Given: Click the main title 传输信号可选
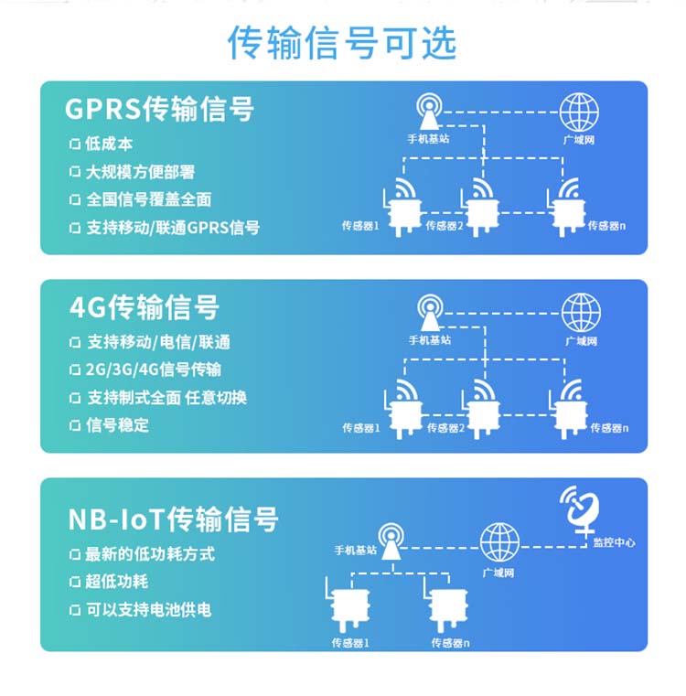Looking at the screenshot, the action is click(342, 43).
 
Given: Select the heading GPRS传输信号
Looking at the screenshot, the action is click(159, 109).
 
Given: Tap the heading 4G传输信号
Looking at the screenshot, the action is click(145, 307).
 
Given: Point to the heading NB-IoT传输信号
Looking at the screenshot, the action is click(173, 519).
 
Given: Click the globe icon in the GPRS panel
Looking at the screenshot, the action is click(579, 112).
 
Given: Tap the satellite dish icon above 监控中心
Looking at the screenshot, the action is click(580, 509).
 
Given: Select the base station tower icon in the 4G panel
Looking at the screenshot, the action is click(430, 313).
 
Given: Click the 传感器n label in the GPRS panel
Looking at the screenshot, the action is click(606, 226).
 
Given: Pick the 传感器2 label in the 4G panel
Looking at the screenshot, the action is click(445, 428).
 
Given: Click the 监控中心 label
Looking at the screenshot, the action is click(614, 542).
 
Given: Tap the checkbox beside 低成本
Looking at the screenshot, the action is click(75, 144).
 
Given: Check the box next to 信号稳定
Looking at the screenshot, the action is click(75, 425).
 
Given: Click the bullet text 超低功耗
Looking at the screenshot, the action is click(116, 582).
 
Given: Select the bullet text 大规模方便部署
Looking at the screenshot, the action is click(140, 172).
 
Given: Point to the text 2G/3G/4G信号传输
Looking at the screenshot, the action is click(153, 369).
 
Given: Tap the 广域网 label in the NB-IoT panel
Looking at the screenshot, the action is click(498, 573).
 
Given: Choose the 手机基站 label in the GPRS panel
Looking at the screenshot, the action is click(428, 139).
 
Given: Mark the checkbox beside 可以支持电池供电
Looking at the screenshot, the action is click(75, 610).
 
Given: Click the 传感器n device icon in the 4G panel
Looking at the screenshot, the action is click(568, 409).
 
